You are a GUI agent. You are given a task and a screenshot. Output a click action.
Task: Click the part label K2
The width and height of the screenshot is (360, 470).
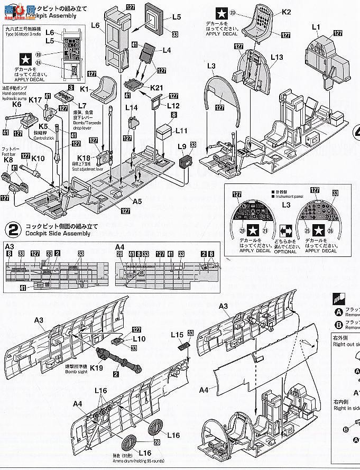click(x=286, y=11)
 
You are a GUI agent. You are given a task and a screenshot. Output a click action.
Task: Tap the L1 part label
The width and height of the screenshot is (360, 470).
click(x=316, y=26)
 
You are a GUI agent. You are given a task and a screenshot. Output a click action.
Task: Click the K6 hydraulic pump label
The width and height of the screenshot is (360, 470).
click(x=16, y=104)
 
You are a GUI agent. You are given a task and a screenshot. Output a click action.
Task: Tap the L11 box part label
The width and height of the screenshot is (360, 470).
click(x=181, y=130)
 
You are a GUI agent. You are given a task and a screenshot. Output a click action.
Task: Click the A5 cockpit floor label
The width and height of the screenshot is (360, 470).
click(x=137, y=201)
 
